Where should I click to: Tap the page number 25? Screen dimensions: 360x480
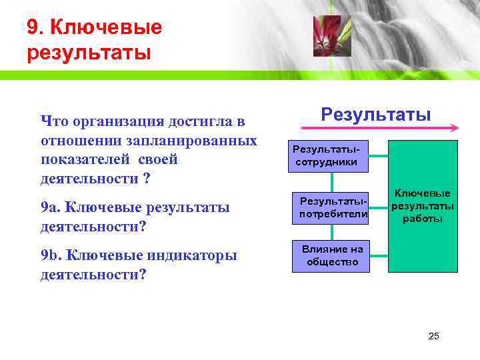pos(433,336)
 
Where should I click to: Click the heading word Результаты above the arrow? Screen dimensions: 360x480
pos(375,114)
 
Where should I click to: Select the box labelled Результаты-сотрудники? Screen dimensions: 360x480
pos(327,156)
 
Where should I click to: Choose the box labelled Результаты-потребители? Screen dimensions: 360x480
pos(332,207)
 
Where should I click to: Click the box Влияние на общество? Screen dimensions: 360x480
pos(332,255)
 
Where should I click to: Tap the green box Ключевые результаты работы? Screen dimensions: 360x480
pos(422,207)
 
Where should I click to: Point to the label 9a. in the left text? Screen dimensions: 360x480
pos(51,208)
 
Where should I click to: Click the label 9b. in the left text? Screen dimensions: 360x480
pos(51,256)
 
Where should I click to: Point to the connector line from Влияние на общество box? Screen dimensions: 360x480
pos(378,255)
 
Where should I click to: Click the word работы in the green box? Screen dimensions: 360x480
pos(423,219)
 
